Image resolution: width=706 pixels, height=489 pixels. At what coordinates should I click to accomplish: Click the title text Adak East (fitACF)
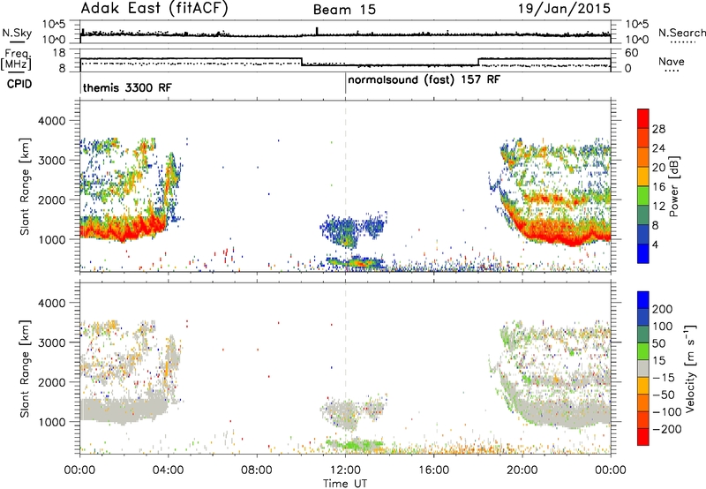pos(154,9)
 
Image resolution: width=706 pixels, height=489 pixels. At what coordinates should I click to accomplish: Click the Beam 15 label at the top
pos(344,10)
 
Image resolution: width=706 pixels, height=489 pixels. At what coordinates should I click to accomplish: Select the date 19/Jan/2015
pos(565,8)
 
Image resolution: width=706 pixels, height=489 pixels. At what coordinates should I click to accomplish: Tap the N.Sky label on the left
pos(17,33)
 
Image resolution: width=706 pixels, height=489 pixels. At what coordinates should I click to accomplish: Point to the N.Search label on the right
pos(681,33)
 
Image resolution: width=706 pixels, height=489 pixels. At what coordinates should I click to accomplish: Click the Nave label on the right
pos(672,61)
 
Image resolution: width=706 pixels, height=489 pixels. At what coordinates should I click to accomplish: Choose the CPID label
pos(19,84)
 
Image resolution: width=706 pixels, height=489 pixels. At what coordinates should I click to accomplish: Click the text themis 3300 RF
pos(127,87)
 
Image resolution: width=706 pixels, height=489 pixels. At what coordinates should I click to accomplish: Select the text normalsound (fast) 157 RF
pos(424,79)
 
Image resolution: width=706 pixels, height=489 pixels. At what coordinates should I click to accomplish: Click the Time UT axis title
pos(345,483)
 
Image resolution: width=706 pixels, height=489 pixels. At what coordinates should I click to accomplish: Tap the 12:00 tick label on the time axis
pos(345,470)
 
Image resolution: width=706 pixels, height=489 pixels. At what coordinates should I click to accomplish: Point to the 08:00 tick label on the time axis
pos(257,470)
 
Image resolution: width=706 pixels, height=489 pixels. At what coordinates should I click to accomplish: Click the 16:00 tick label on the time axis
pos(433,470)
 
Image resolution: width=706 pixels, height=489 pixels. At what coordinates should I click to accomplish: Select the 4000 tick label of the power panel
pos(52,121)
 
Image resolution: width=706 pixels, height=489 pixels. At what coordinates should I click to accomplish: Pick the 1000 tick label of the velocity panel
pos(52,422)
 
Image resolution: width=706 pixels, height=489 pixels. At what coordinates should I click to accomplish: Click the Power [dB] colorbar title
pos(674,186)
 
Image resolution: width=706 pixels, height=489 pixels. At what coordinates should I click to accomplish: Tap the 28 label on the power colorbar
pos(658,129)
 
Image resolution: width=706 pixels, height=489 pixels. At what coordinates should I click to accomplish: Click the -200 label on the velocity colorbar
pos(667,429)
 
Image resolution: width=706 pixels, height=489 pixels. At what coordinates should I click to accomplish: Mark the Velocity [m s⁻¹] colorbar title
pos(689,368)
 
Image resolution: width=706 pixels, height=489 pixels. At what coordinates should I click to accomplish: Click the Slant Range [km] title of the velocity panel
pos(25,368)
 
